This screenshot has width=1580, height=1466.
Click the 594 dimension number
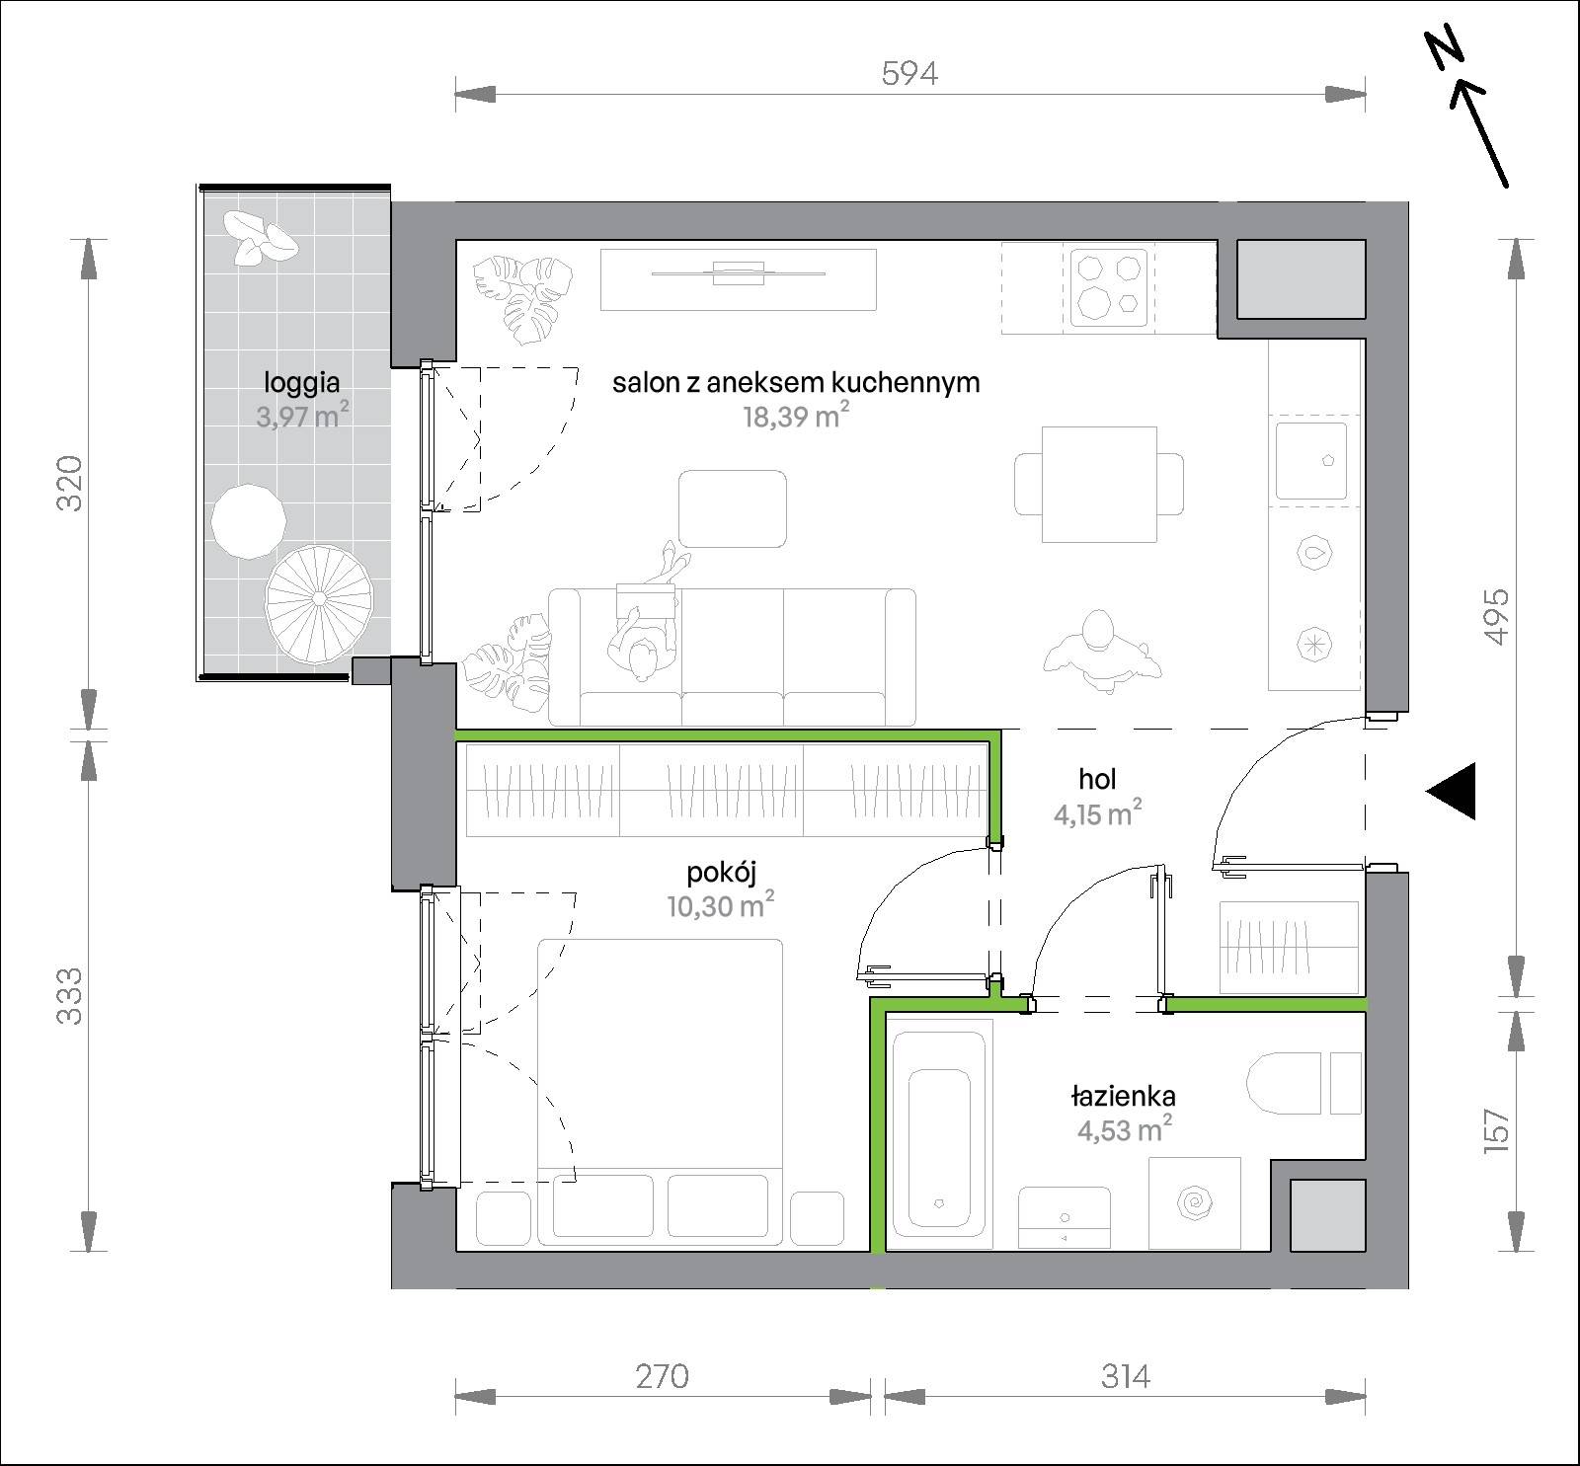pos(908,73)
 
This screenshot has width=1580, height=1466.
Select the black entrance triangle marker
pos(1452,791)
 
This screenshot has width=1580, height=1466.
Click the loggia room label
pos(301,383)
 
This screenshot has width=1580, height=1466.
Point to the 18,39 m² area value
pos(796,416)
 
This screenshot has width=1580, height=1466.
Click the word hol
pos(1097,779)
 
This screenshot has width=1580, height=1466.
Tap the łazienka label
pos(1123,1095)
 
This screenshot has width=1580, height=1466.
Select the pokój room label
pos(721,873)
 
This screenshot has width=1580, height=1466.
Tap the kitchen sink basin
pos(1310,461)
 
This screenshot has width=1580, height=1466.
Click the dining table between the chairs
pos(1099,484)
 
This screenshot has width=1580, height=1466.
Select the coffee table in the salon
pos(733,508)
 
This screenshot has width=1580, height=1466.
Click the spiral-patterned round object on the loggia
pos(320,598)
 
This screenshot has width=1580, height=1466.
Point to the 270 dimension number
pos(662,1375)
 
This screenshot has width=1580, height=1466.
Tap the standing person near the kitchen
pos(1100,646)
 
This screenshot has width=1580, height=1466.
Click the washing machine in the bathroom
pos(1195,1202)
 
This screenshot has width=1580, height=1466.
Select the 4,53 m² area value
pos(1124,1128)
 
